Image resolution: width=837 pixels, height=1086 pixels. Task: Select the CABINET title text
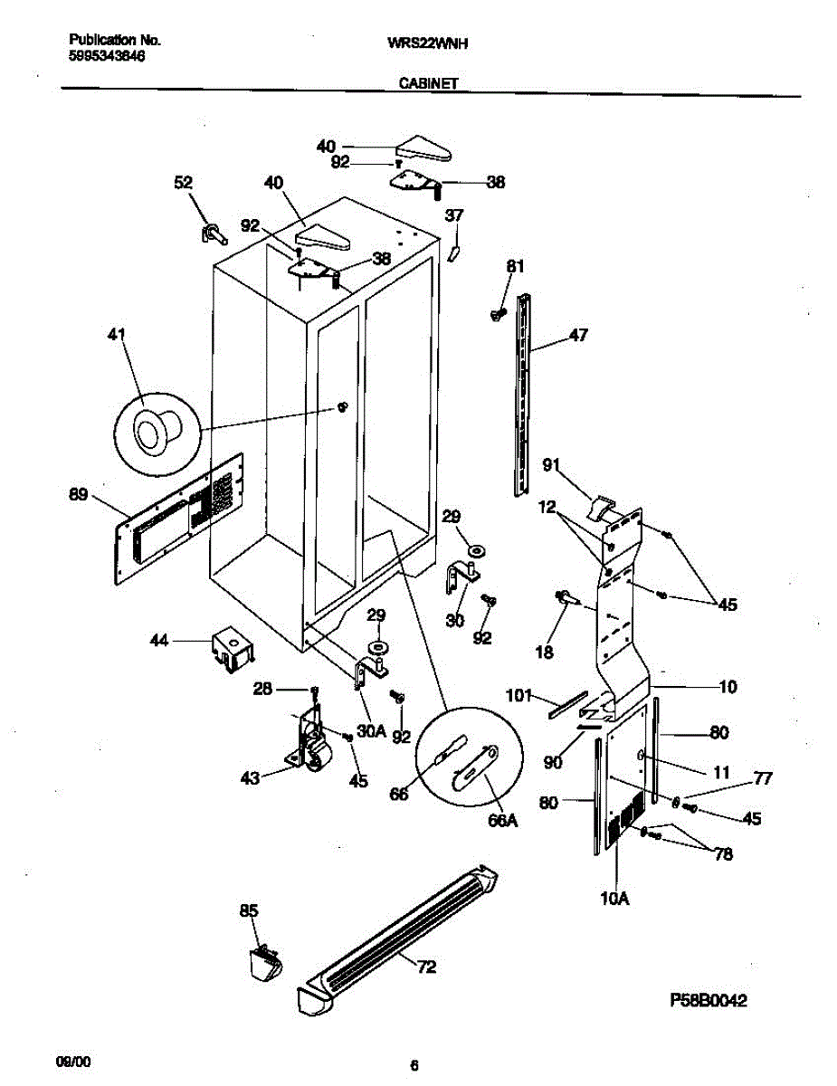pos(428,82)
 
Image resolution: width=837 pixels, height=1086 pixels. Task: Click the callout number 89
pos(79,494)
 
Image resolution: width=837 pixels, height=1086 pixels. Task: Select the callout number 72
pos(426,967)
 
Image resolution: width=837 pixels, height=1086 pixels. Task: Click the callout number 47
pos(578,336)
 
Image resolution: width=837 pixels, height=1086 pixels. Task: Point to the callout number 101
pos(520,696)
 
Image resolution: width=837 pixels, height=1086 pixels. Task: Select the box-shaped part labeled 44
pos(232,650)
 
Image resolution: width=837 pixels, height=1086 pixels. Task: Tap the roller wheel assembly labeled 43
pos(309,745)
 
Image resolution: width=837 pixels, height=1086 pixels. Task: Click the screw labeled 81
pos(497,313)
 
